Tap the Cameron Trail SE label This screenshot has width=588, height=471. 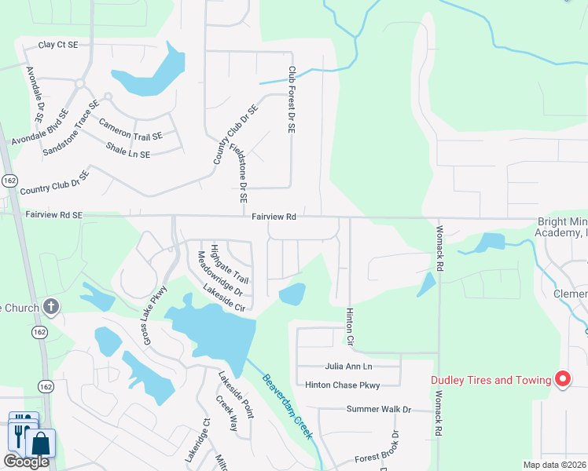tap(130, 130)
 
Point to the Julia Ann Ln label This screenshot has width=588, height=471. tap(348, 367)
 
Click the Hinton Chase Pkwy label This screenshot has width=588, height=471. tap(343, 385)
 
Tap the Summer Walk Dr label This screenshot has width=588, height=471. tap(379, 409)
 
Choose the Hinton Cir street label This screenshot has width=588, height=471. tap(350, 328)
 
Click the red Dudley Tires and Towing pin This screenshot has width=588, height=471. tap(563, 380)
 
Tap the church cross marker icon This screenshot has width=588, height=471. tap(51, 306)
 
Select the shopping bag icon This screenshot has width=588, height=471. tap(41, 444)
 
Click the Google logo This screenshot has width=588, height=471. tap(26, 462)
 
